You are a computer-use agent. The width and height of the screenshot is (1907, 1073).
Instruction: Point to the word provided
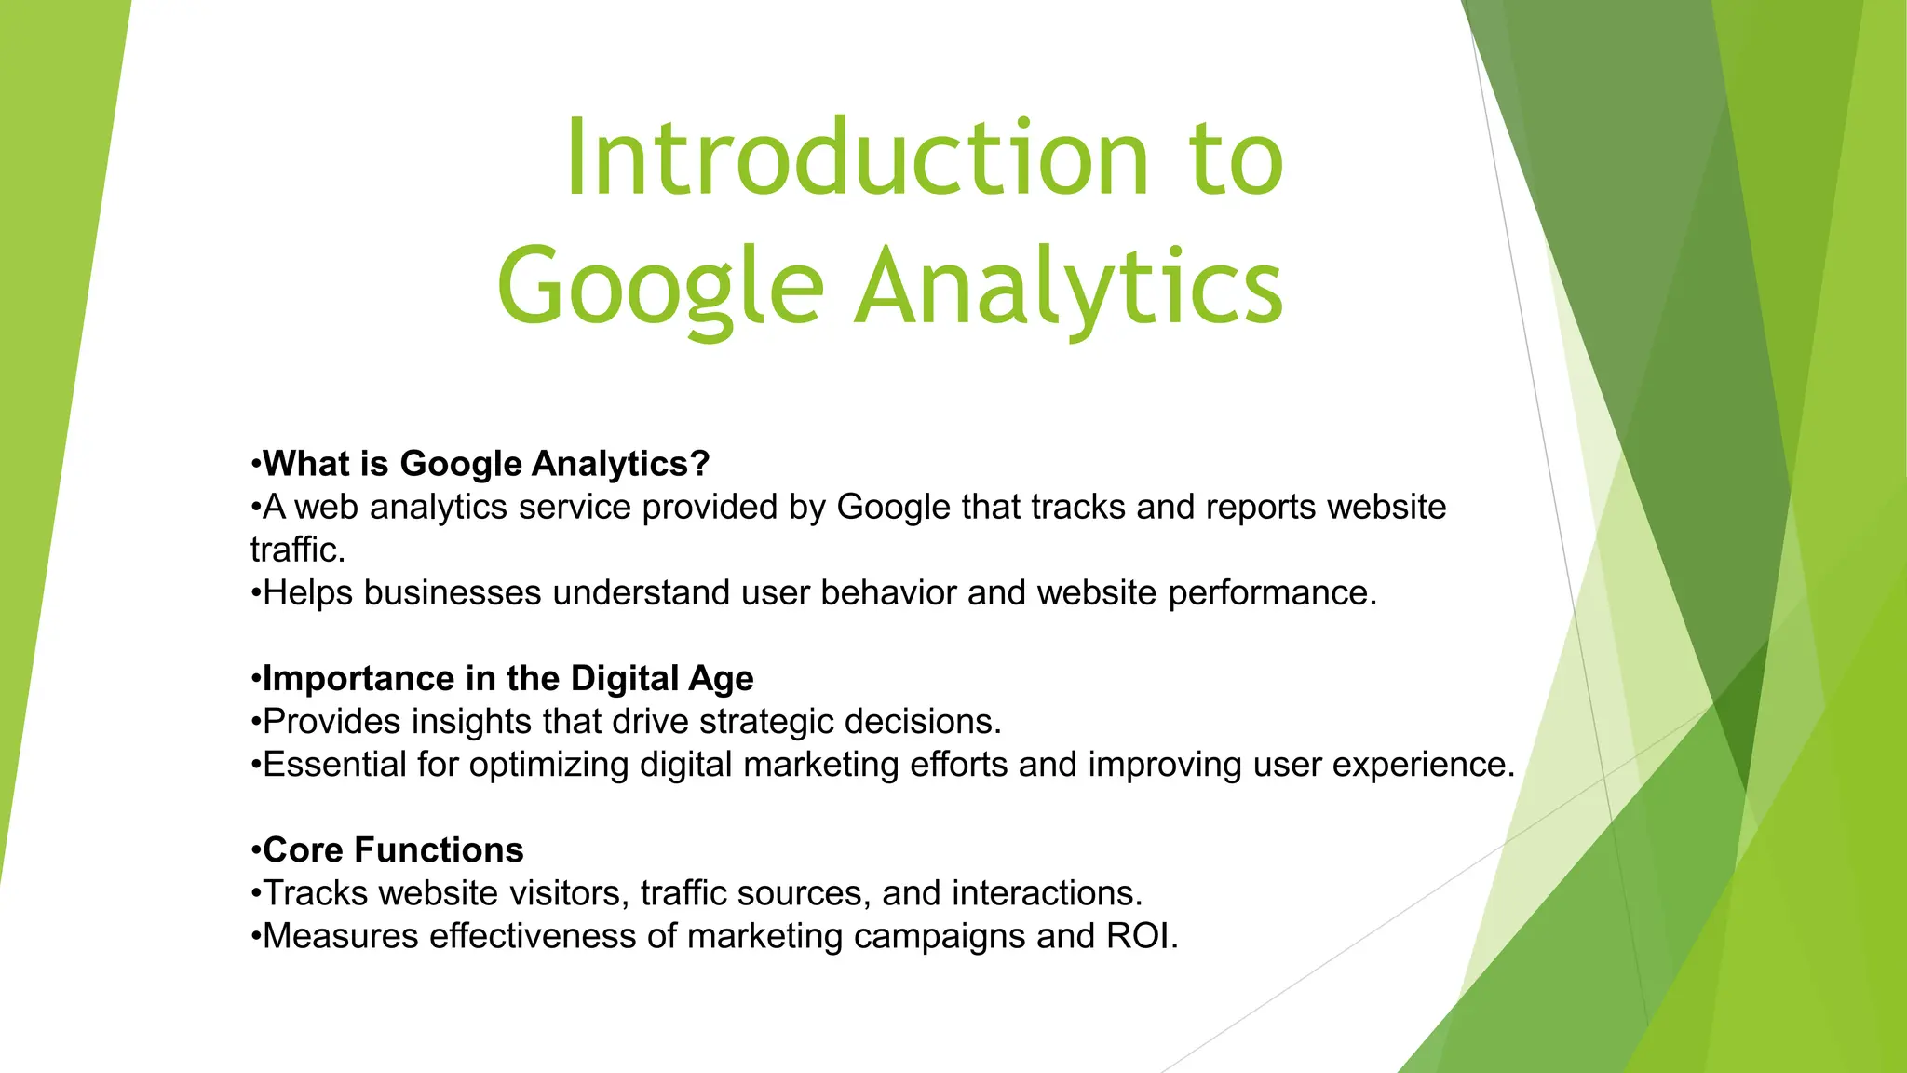pos(709,508)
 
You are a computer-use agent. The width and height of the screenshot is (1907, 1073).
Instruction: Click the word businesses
pos(453,593)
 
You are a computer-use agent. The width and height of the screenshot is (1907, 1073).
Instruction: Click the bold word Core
pos(304,850)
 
